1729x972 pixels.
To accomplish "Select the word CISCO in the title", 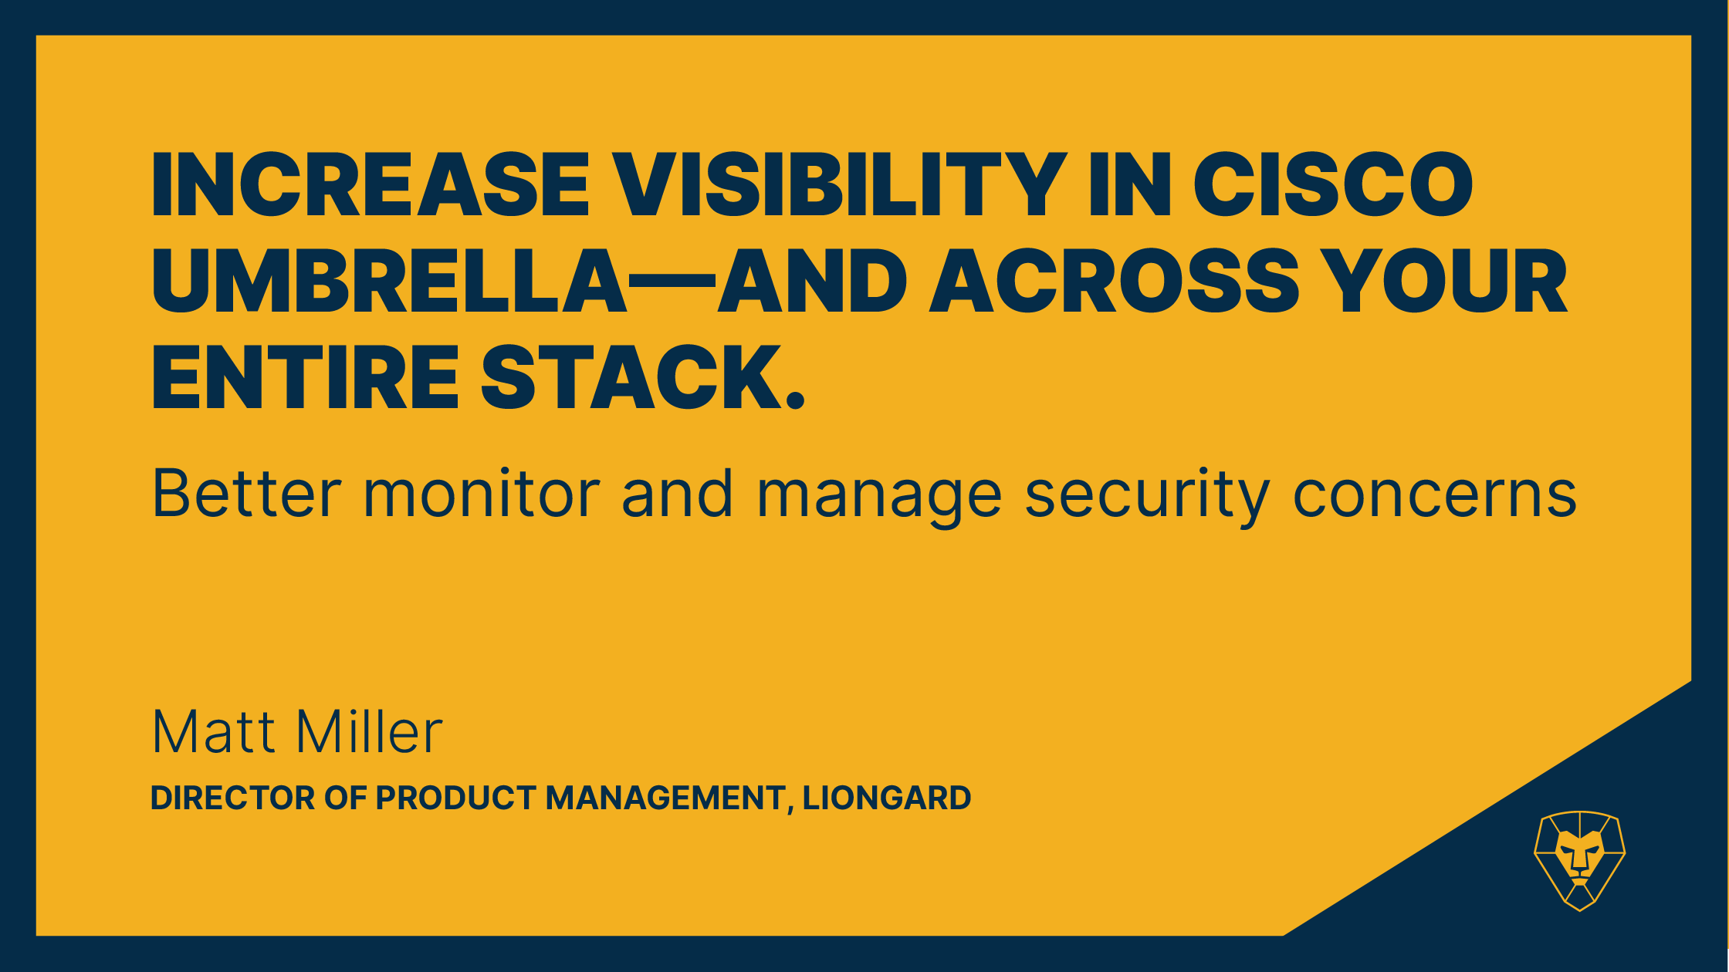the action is tap(1333, 184).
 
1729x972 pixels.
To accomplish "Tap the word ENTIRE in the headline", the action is tap(306, 378).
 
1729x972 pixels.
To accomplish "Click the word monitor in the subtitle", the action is tap(482, 494).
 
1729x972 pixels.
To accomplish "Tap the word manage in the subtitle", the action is tap(879, 498).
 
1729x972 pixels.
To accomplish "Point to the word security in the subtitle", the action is tap(1148, 498).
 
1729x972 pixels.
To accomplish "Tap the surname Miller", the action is tap(370, 731).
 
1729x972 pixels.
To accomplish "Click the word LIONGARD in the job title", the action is tap(887, 798).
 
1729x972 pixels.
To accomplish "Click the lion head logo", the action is tap(1580, 860).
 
